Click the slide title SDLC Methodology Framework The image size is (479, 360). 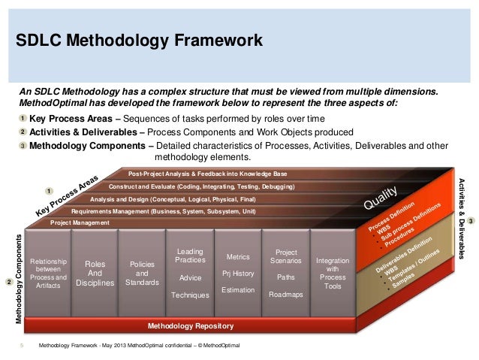140,40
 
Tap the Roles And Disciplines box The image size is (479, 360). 95,274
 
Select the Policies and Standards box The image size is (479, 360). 142,274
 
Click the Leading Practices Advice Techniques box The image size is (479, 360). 189,273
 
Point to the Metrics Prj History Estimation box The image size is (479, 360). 237,273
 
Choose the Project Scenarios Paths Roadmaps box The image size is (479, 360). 286,273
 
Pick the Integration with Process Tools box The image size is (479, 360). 333,273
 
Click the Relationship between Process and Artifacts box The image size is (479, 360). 48,274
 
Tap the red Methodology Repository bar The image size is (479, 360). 191,326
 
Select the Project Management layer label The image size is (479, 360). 80,223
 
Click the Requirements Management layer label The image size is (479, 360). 164,212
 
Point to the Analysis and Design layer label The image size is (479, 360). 173,199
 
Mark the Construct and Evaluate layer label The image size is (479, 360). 201,186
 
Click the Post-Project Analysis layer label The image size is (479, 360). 218,174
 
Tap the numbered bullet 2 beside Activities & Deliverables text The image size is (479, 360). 23,132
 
